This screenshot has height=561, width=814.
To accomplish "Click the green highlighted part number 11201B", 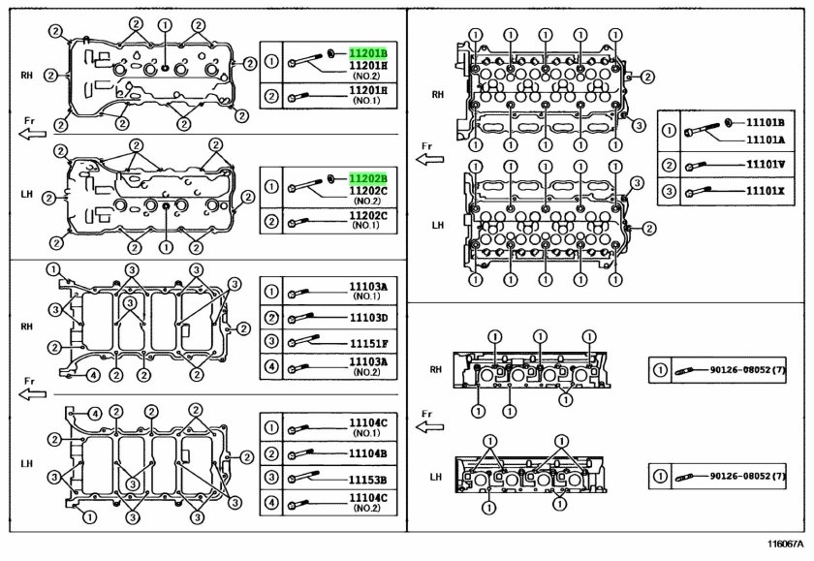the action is tap(368, 53).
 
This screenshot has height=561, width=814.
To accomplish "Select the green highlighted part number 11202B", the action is tap(368, 179).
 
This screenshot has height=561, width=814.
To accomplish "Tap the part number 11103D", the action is tap(368, 318).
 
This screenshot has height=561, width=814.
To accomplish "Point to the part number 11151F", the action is tap(368, 344).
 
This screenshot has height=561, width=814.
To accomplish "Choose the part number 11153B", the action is tap(368, 480).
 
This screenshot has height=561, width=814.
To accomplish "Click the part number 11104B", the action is tap(368, 453).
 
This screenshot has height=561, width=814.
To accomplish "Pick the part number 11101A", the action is tap(766, 140).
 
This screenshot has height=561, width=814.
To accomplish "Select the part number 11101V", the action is tap(766, 165).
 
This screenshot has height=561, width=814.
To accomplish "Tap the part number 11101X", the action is tap(766, 191).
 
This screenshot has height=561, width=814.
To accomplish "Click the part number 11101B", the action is tap(766, 123).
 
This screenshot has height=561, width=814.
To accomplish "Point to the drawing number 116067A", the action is tap(785, 544).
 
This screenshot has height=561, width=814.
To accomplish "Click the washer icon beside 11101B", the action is tap(728, 122).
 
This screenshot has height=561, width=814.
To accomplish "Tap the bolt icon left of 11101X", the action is tap(698, 192).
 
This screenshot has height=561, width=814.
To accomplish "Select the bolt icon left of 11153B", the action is tap(302, 477).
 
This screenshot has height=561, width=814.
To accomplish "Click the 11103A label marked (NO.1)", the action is tap(368, 291).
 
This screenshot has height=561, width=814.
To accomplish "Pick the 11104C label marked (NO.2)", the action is tap(368, 502).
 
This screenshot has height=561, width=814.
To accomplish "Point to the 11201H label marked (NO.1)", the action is tap(368, 95).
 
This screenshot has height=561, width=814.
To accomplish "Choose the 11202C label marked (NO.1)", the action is tap(368, 220).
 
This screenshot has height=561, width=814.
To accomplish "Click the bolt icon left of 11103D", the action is tap(300, 318).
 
